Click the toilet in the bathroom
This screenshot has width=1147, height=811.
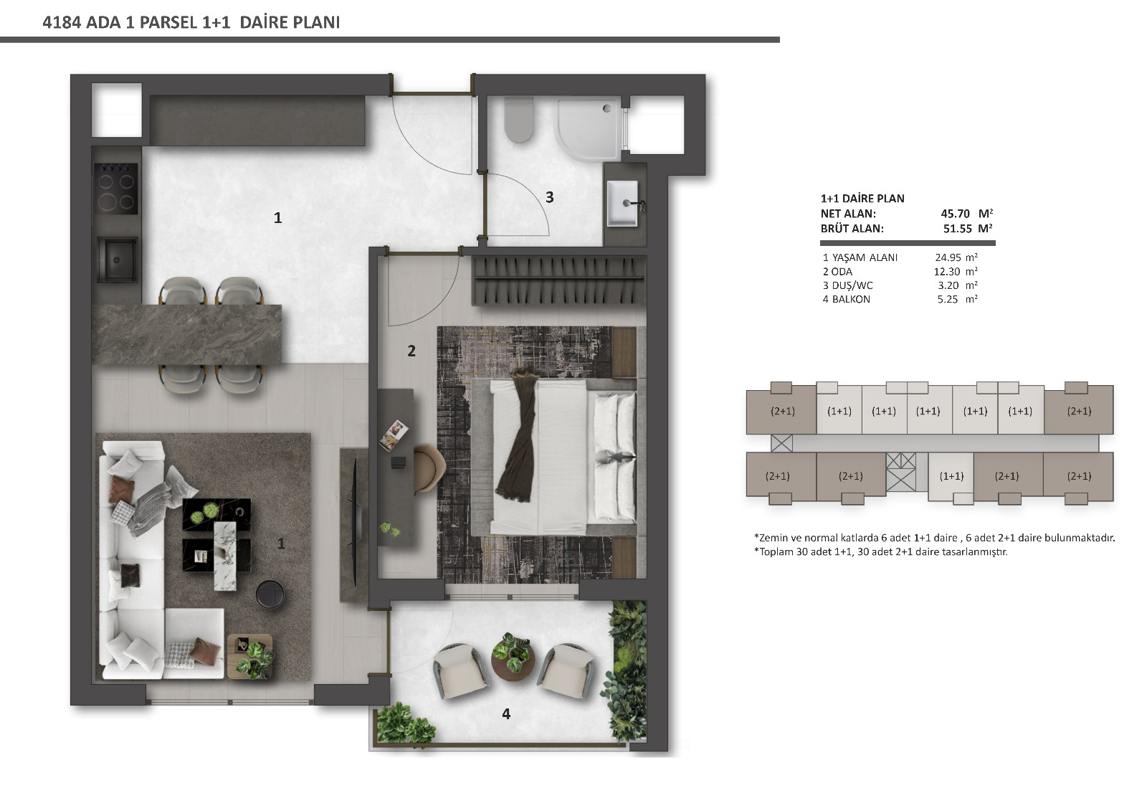coord(519,120)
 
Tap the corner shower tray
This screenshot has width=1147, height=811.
coord(589,129)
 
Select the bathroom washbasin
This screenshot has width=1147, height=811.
coord(623,203)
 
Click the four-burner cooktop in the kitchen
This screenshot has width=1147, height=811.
coord(116,188)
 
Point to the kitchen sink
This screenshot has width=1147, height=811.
coord(117,260)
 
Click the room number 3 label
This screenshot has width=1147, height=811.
coord(549,197)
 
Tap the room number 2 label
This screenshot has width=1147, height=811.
coord(411,351)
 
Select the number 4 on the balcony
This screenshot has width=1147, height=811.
coord(506,713)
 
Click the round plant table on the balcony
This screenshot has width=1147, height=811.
coord(513,662)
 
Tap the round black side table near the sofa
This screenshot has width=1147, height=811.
coord(270,594)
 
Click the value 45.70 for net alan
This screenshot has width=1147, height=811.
coord(955,214)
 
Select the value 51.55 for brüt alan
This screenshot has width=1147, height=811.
coord(957,229)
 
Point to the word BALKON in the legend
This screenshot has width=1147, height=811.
coord(851,299)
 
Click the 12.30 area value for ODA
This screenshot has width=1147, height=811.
coord(947,272)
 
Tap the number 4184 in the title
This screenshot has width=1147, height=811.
coord(62,22)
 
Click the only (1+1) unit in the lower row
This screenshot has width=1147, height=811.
coord(951,476)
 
